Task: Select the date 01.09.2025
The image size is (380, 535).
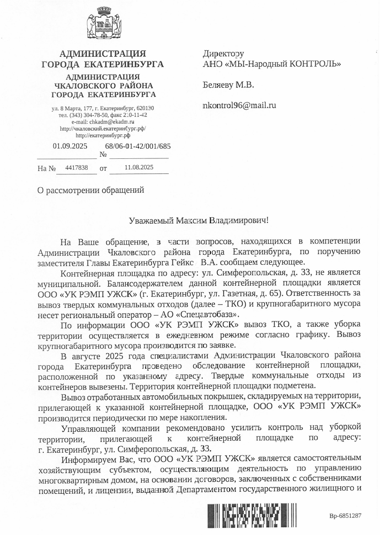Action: point(70,146)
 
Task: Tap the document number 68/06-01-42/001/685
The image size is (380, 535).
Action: point(138,146)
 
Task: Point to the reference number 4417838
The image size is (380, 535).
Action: point(76,167)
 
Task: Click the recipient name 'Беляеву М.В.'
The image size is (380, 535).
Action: point(229,85)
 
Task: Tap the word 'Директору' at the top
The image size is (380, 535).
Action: point(223,54)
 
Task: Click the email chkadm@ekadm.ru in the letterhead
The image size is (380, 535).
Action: point(104,122)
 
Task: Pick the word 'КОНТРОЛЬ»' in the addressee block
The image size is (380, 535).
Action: point(316,64)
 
